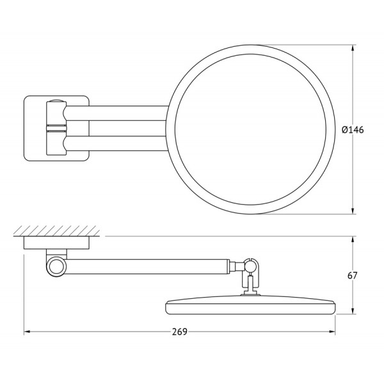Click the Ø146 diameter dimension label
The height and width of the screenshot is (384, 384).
(x=353, y=129)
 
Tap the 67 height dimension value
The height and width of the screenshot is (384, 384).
(x=352, y=276)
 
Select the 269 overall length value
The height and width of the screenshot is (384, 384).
(x=180, y=332)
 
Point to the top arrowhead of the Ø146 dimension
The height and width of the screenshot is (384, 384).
(x=354, y=47)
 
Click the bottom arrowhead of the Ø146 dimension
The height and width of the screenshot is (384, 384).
(x=354, y=212)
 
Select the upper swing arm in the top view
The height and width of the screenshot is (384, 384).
(x=115, y=112)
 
